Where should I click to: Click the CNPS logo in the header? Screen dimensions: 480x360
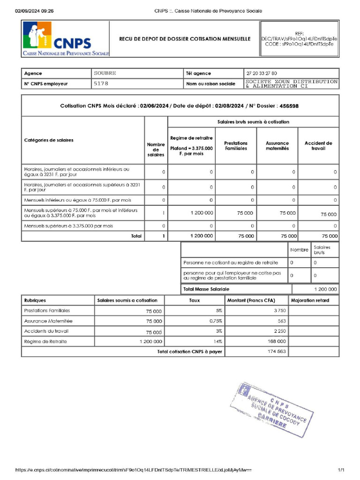pyautogui.click(x=65, y=39)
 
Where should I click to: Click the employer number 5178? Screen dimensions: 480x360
pyautogui.click(x=101, y=83)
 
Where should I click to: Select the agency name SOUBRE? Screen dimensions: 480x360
pyautogui.click(x=105, y=73)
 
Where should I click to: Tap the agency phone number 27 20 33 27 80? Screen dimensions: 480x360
pyautogui.click(x=262, y=73)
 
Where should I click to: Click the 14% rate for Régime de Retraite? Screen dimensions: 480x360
pyautogui.click(x=218, y=341)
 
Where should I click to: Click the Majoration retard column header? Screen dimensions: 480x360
pyautogui.click(x=310, y=300)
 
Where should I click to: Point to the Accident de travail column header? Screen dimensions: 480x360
pyautogui.click(x=318, y=146)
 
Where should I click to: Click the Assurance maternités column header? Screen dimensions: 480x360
pyautogui.click(x=277, y=146)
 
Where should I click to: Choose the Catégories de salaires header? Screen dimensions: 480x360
pyautogui.click(x=49, y=140)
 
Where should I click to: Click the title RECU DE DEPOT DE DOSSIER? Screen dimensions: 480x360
pyautogui.click(x=185, y=39)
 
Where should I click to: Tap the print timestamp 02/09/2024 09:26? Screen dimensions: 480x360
pyautogui.click(x=34, y=11)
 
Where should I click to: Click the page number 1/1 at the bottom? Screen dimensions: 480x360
pyautogui.click(x=341, y=470)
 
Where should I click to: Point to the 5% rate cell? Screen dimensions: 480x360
pyautogui.click(x=218, y=311)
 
